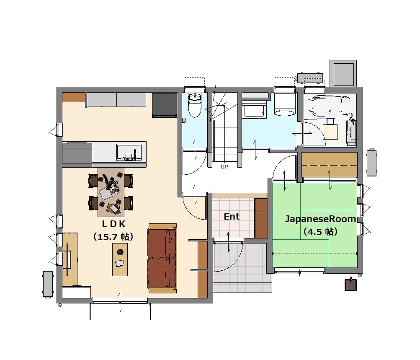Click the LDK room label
click(x=113, y=224)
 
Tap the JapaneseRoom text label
click(x=320, y=219)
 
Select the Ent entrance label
click(x=232, y=216)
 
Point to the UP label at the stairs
click(x=224, y=166)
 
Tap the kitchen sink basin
click(x=129, y=152)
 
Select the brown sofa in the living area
click(x=162, y=258)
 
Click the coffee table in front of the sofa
click(x=120, y=259)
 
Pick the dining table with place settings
click(x=111, y=192)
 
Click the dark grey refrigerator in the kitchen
click(x=165, y=105)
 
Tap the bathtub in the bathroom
click(x=330, y=106)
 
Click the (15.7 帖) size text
click(x=113, y=237)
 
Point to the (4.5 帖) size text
click(x=320, y=231)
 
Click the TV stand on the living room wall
click(x=70, y=259)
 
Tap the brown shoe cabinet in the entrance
click(x=261, y=218)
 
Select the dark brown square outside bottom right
click(x=350, y=285)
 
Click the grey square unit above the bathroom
click(x=343, y=73)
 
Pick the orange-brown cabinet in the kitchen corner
click(x=74, y=97)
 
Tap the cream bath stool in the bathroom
click(x=330, y=132)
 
